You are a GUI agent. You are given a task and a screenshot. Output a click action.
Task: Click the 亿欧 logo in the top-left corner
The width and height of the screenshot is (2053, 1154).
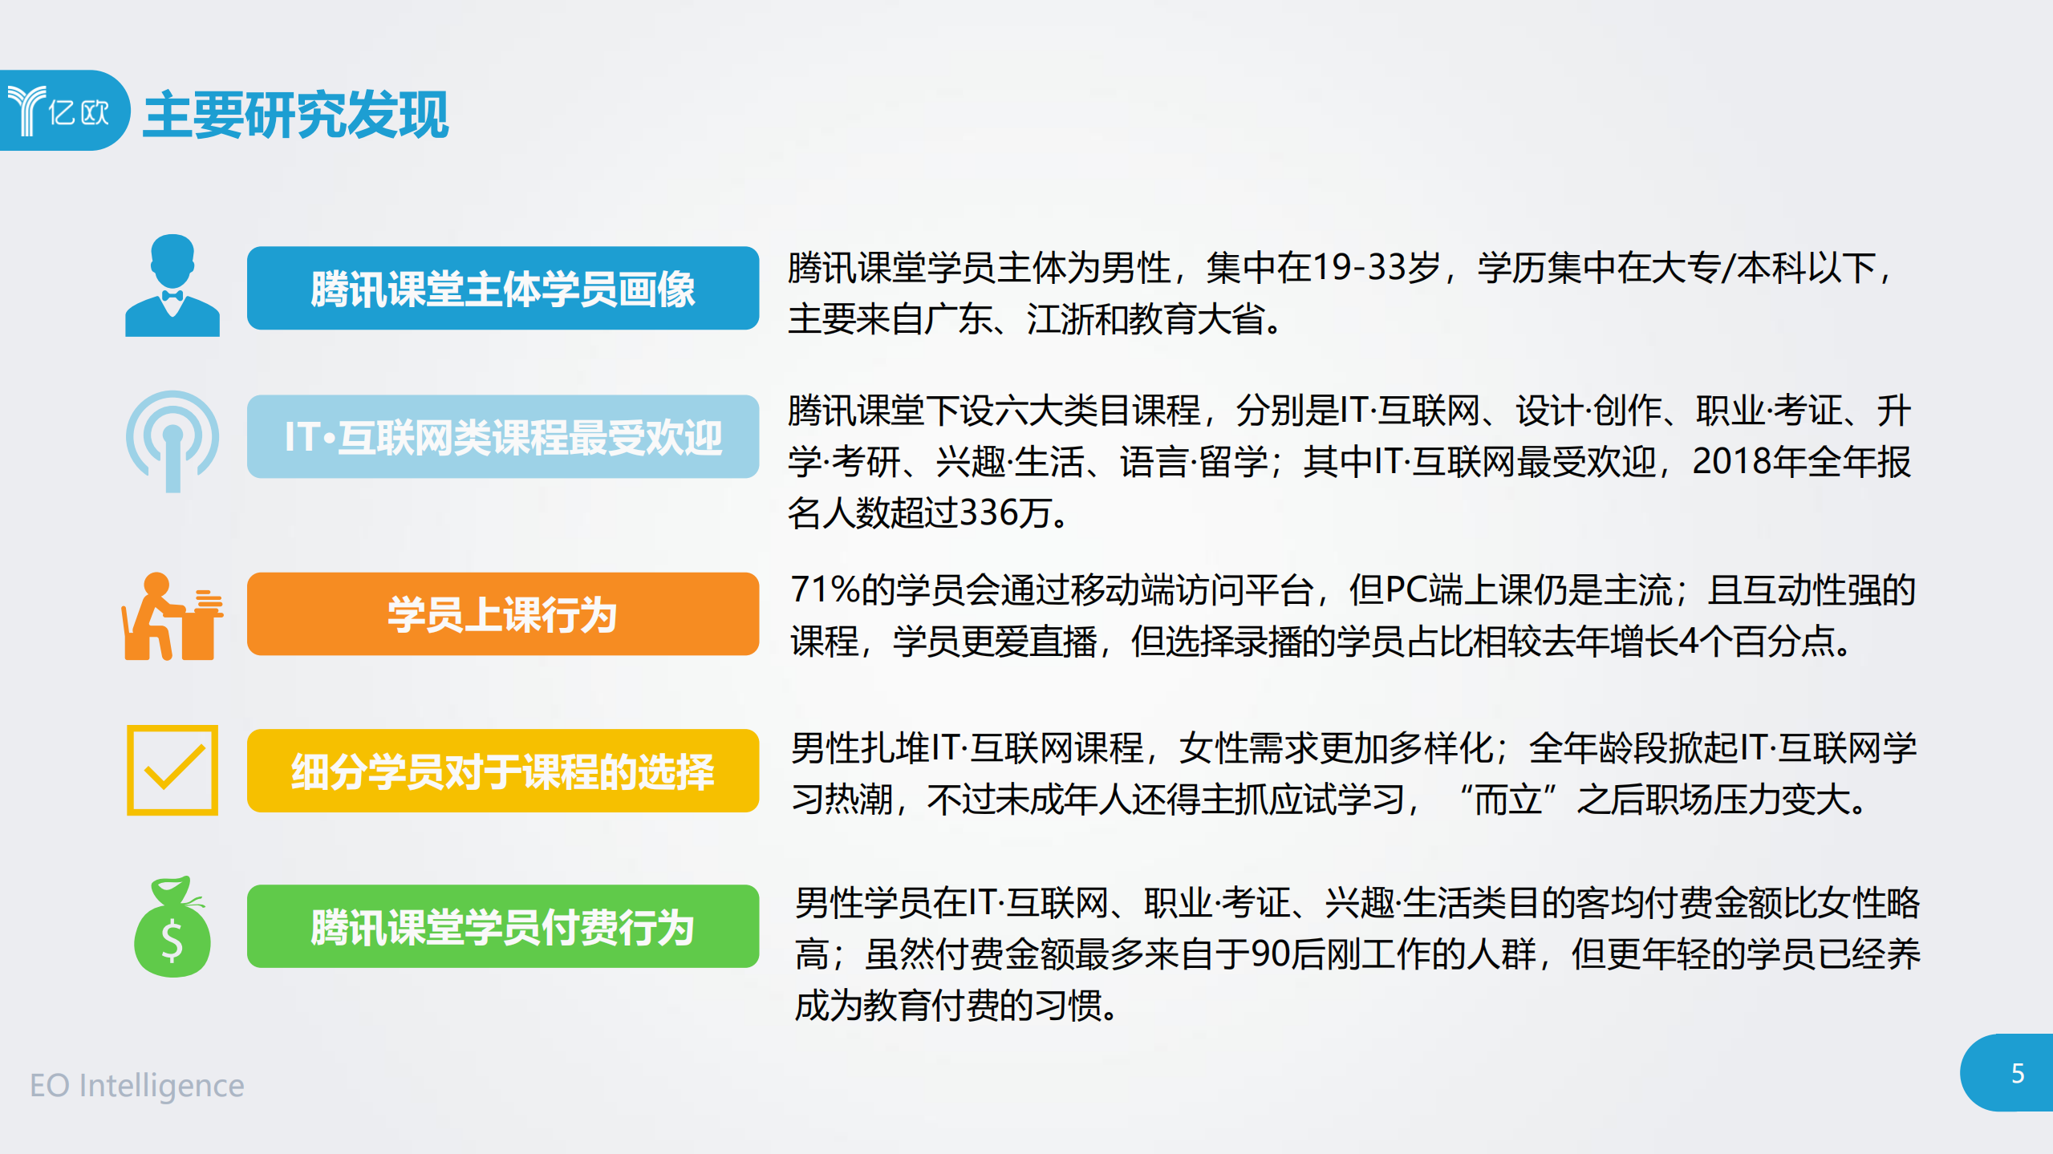click(60, 111)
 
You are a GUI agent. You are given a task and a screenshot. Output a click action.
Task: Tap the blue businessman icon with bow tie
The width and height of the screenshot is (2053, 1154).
click(172, 285)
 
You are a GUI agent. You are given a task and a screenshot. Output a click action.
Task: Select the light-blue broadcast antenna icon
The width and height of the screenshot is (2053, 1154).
click(172, 440)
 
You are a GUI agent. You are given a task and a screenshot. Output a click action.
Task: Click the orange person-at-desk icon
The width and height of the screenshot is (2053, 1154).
click(172, 616)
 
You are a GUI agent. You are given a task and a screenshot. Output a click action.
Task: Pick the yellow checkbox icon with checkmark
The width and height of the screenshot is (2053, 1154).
click(172, 770)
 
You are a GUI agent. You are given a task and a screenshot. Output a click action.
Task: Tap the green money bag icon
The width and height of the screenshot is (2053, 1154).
click(172, 927)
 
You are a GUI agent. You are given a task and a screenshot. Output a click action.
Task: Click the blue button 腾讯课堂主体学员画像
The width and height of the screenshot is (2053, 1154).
click(502, 289)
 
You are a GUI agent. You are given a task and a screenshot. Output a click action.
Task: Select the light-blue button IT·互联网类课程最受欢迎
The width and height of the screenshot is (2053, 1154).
click(502, 437)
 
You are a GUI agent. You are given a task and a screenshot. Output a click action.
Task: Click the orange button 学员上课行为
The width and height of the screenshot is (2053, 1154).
click(502, 614)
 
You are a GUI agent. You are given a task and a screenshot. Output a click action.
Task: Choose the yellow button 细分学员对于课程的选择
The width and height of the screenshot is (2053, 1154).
click(502, 771)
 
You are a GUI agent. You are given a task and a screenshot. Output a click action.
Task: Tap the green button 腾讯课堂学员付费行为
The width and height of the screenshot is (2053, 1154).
click(502, 927)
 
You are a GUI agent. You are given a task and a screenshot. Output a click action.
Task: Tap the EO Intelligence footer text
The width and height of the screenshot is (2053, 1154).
click(136, 1085)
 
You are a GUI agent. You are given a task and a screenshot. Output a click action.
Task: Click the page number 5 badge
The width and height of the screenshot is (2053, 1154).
click(2016, 1073)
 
